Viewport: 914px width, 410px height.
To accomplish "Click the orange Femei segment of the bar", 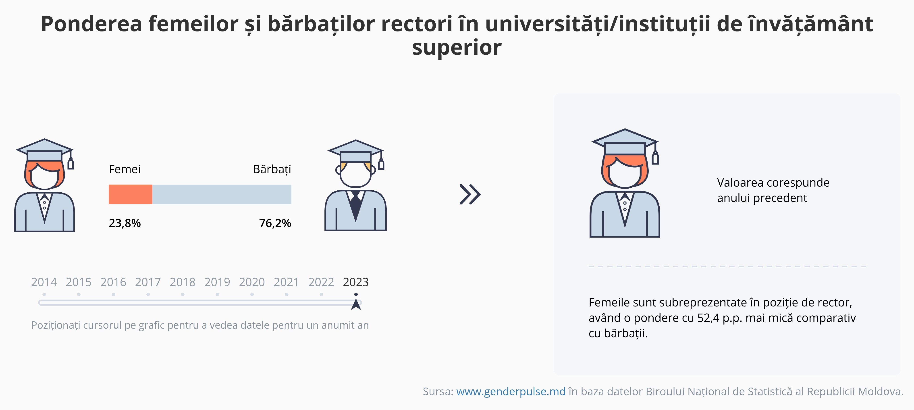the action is (130, 194).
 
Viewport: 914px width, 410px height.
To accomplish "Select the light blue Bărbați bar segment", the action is (222, 194).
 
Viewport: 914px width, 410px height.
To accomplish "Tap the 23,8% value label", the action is (125, 223).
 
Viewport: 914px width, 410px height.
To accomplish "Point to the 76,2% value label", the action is (275, 223).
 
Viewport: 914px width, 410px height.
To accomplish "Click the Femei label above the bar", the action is (125, 169).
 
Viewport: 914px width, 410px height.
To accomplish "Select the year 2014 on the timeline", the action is (44, 282).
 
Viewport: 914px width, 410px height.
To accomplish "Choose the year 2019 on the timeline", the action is (217, 282).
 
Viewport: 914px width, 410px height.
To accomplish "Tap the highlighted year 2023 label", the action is (356, 282).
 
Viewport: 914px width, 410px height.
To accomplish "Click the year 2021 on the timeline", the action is (286, 282).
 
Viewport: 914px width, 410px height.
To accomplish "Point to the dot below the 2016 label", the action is (113, 294).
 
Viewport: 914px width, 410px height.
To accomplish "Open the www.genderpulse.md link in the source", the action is (511, 391).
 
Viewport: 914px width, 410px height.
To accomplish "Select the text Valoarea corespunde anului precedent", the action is (773, 190).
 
